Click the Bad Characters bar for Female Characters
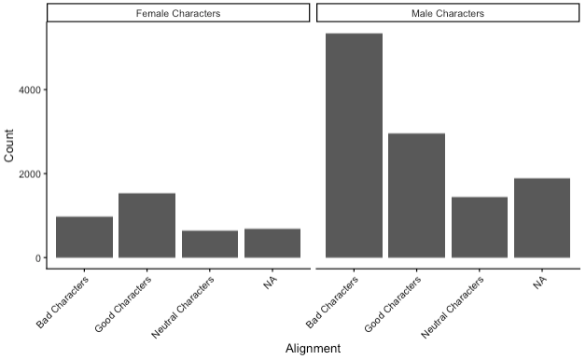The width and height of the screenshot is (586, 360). [85, 237]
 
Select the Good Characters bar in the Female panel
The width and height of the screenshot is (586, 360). [146, 225]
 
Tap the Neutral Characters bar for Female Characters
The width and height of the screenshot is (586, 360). [210, 244]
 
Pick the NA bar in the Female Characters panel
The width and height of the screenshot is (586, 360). [272, 243]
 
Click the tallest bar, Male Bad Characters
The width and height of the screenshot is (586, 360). [354, 145]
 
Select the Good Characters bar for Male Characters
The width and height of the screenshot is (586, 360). [417, 195]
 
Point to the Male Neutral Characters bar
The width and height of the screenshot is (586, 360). [480, 227]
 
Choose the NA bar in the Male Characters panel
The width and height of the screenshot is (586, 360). [542, 218]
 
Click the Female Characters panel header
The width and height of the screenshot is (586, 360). [178, 13]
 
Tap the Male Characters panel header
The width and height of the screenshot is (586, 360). [448, 13]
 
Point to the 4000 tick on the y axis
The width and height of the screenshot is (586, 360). [30, 90]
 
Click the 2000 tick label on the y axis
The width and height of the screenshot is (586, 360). [30, 173]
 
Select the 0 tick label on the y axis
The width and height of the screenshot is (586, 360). [38, 258]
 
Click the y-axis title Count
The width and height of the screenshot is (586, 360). [9, 145]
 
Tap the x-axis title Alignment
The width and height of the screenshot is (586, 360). [314, 349]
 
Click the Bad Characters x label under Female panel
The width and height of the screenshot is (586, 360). [63, 302]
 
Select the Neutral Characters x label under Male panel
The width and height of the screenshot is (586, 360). [453, 308]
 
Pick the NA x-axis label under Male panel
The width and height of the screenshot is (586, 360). [540, 283]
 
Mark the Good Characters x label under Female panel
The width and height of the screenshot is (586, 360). [123, 304]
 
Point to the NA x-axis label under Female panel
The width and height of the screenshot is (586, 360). [271, 283]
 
